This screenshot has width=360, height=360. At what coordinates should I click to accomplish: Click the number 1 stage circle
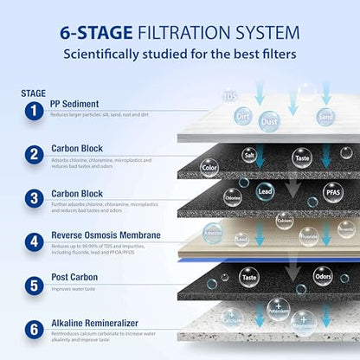[31, 111]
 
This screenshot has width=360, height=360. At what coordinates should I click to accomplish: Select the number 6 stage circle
[31, 329]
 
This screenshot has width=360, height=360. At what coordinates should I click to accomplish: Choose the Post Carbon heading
[75, 279]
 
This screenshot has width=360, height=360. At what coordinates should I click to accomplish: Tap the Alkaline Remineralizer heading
[100, 321]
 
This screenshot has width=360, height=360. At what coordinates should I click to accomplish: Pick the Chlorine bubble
[233, 196]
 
